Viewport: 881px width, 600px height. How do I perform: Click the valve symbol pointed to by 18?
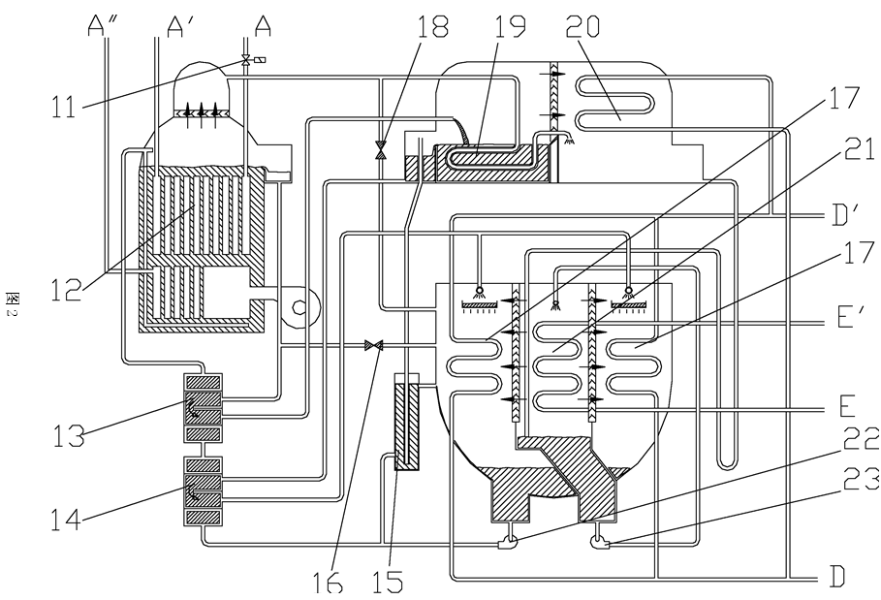[x=381, y=149]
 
